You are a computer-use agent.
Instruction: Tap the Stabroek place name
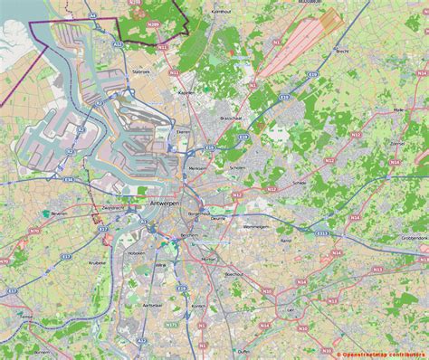tap(140, 70)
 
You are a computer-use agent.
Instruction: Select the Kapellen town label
tap(186, 92)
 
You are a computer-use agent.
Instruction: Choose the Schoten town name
tap(239, 167)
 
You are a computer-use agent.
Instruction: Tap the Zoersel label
tap(396, 143)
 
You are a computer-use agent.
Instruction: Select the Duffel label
tap(243, 351)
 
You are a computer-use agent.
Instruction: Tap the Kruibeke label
tap(98, 263)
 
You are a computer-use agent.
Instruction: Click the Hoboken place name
tap(138, 255)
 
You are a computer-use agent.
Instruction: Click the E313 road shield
tap(322, 232)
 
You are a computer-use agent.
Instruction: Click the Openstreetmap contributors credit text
tap(379, 355)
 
